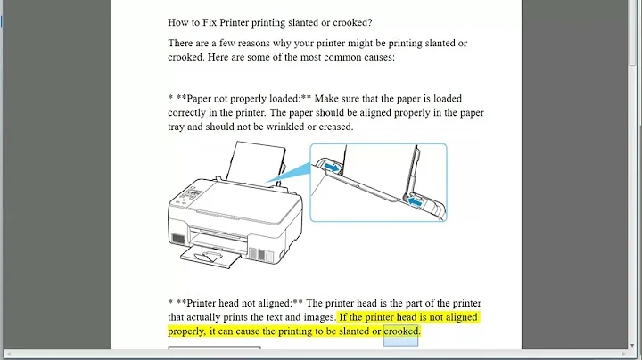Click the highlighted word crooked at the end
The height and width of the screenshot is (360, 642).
[x=401, y=331]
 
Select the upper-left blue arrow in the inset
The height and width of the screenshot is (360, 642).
[x=329, y=167]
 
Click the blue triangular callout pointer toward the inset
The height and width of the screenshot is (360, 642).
[x=299, y=178]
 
